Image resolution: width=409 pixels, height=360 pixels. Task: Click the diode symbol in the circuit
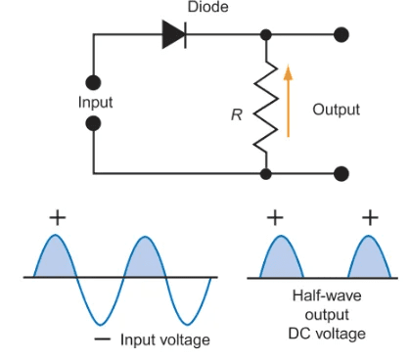click(173, 35)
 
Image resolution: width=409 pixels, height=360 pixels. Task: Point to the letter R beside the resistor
click(236, 115)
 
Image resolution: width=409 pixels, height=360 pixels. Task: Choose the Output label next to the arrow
click(336, 110)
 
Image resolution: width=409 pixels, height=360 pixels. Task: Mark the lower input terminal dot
click(94, 123)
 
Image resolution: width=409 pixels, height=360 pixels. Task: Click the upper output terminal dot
click(341, 35)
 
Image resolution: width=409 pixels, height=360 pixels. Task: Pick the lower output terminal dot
click(341, 174)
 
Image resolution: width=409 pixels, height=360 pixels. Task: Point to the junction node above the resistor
click(265, 35)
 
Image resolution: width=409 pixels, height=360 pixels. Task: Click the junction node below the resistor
click(265, 174)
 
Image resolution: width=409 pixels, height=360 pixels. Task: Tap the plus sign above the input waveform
click(58, 217)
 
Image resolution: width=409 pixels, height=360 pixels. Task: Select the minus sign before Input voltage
click(101, 338)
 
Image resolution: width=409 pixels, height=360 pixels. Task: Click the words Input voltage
click(164, 339)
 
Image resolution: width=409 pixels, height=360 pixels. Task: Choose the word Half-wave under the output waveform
click(324, 294)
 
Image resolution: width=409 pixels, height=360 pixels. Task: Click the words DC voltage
click(325, 334)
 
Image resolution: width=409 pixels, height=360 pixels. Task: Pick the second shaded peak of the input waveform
click(145, 260)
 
